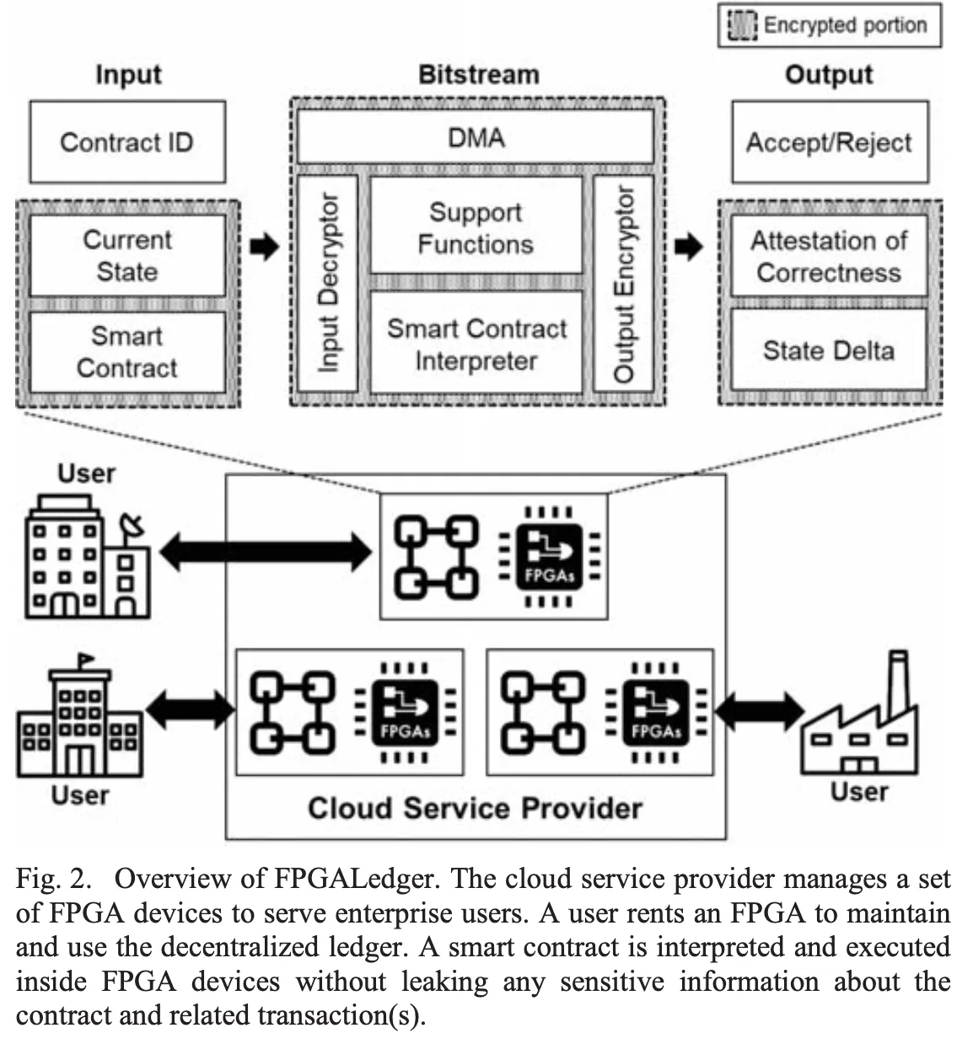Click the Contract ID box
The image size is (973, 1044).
coord(127,142)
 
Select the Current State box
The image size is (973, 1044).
coord(127,256)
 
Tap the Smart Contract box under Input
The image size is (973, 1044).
coord(127,352)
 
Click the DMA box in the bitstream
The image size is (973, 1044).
coord(476,137)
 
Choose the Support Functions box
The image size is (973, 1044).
coord(476,227)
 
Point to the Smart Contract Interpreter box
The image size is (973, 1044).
coord(476,343)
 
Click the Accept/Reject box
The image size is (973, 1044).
coord(829,142)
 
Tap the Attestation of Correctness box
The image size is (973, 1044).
coord(829,256)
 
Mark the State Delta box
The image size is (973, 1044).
coord(829,349)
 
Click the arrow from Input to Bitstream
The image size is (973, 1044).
coord(265,247)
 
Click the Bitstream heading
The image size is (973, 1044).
coord(478,74)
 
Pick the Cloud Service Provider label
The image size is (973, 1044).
coord(475,808)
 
